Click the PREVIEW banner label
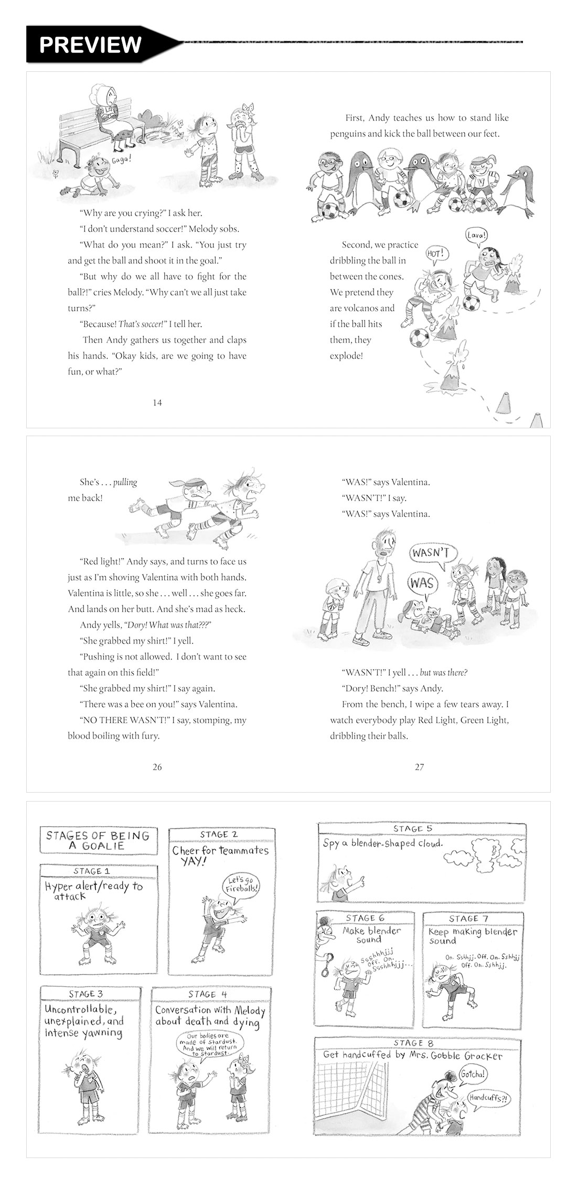(x=90, y=45)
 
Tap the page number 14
(x=157, y=403)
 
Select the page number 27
(x=419, y=767)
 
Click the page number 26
(x=157, y=767)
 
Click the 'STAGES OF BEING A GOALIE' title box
(x=98, y=840)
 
